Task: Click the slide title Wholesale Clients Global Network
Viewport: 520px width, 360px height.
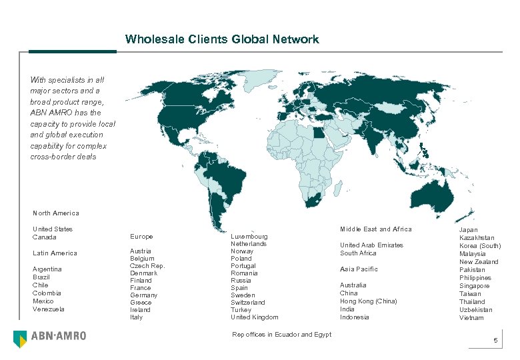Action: pos(222,39)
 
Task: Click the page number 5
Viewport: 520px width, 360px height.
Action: pos(495,341)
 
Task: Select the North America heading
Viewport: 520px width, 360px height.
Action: pos(56,213)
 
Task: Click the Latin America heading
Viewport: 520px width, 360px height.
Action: pos(55,253)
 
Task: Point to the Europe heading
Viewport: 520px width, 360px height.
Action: pos(141,237)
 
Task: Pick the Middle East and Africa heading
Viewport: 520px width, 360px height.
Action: pos(376,229)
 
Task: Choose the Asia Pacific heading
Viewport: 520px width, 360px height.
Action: pos(359,269)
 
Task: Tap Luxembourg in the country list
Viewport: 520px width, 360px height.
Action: pos(249,237)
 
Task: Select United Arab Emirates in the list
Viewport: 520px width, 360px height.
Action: pos(371,245)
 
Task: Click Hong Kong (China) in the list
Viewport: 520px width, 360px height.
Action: pos(368,301)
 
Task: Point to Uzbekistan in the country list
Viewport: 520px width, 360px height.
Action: pos(476,310)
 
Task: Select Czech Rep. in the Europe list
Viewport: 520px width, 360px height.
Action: pos(147,266)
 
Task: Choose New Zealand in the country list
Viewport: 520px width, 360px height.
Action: pos(479,262)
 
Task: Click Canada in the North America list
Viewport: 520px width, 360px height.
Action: pos(44,237)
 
